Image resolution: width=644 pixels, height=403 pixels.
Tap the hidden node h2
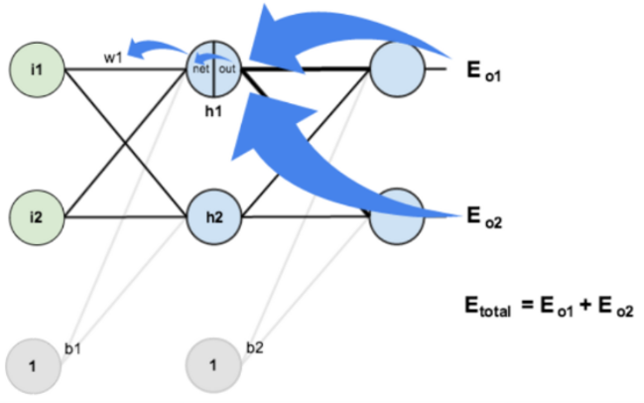pos(213,214)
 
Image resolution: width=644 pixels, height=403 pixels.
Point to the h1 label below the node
pos(213,111)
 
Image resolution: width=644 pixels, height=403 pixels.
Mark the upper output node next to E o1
pos(396,69)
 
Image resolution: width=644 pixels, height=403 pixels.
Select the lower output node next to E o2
pos(396,214)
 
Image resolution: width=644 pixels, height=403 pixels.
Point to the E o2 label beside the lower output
pos(484,215)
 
